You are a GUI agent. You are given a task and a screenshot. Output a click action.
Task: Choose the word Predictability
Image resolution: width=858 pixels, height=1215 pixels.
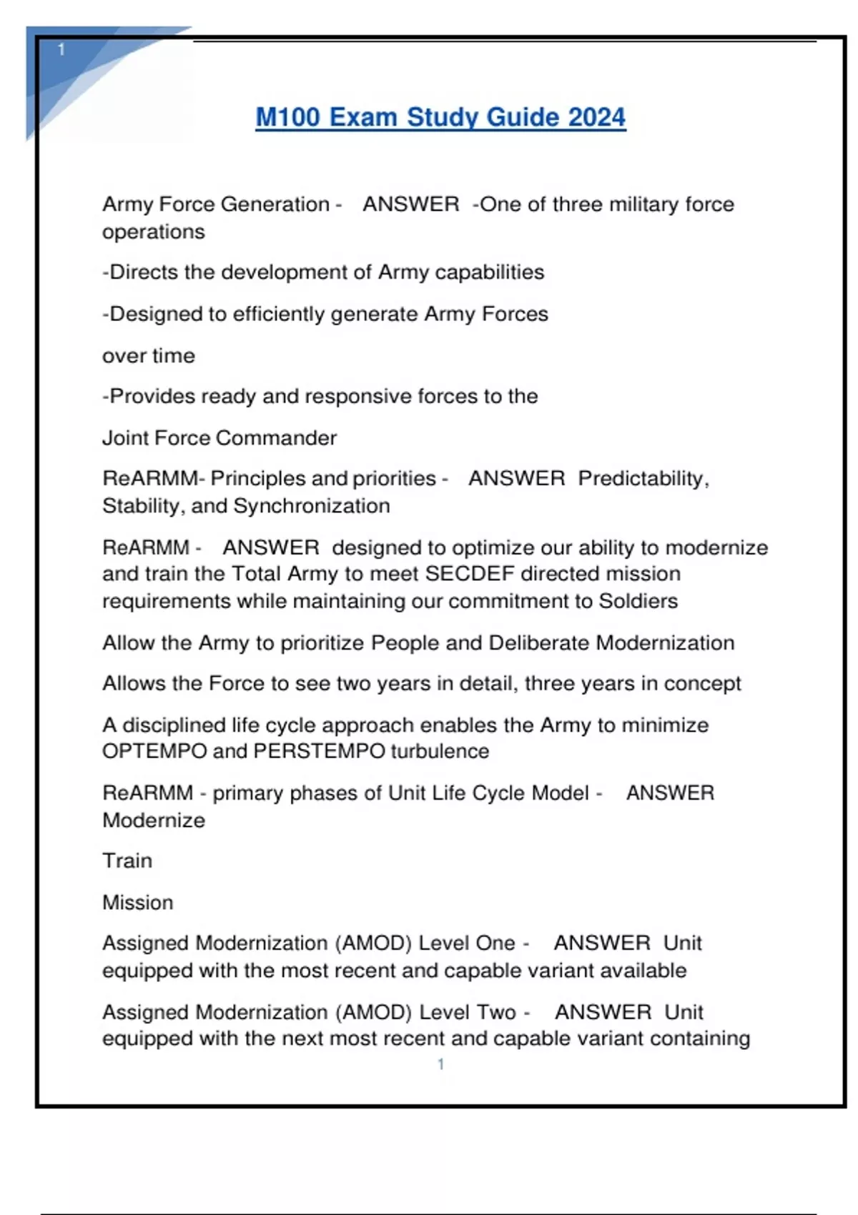(643, 478)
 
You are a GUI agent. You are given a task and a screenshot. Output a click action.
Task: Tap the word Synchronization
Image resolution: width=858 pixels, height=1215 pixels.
(312, 506)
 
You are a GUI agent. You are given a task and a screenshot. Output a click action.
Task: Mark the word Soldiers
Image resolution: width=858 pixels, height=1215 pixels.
(638, 601)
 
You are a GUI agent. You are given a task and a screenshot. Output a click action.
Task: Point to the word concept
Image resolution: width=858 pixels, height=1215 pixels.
(702, 683)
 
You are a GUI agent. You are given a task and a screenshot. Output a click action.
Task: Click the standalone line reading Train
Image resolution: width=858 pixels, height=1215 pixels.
(127, 861)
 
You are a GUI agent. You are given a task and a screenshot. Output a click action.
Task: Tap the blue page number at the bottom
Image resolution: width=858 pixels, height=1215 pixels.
(440, 1064)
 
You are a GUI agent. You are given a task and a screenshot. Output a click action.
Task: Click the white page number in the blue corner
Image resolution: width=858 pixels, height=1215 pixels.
(61, 49)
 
